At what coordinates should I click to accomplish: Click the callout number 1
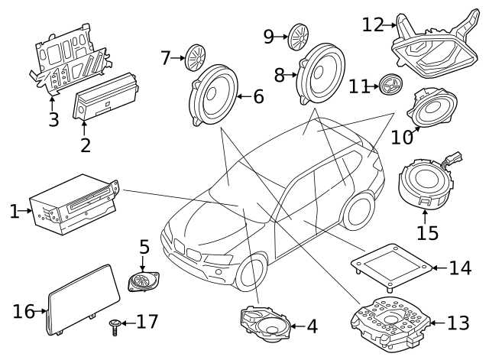(14, 211)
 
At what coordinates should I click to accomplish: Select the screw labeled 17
(115, 329)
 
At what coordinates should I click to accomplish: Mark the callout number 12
(372, 24)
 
